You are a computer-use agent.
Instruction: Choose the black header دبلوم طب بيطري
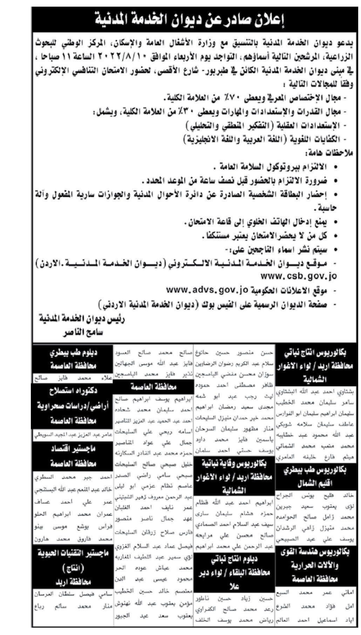(72, 354)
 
